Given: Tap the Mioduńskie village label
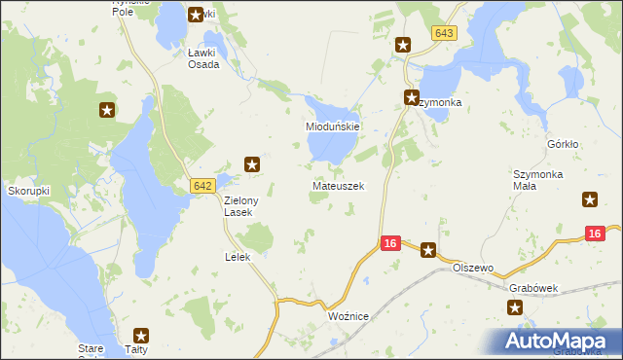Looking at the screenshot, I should tap(334, 127).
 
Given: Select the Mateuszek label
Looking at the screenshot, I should tap(338, 185).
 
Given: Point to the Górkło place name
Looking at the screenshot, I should tap(563, 144).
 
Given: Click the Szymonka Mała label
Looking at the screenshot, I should tap(537, 181).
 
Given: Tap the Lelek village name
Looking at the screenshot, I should tap(238, 257).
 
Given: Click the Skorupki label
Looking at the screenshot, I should tap(28, 191).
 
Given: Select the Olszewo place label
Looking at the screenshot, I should tap(475, 268).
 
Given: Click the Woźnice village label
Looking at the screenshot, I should tap(347, 316).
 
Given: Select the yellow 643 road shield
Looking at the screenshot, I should tap(444, 33).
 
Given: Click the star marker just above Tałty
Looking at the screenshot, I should tap(142, 334).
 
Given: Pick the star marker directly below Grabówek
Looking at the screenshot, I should tap(515, 307).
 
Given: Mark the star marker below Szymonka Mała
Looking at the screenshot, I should tap(590, 200).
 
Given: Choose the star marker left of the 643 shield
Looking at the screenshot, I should tap(403, 45).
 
